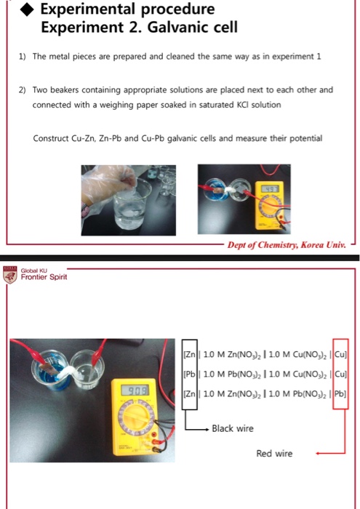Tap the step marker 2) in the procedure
(23, 90)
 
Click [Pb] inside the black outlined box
(189, 374)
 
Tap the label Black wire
(232, 428)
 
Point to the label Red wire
(274, 453)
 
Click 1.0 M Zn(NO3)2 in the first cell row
(229, 354)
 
